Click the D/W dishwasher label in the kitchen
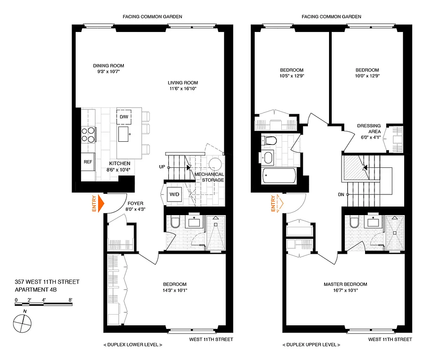[x=123, y=117]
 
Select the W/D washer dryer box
[x=173, y=195]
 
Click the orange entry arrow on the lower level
[x=100, y=203]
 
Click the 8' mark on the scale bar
[x=71, y=299]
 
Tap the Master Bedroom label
[x=345, y=284]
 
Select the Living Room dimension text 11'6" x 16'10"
[x=183, y=89]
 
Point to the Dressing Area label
[x=369, y=129]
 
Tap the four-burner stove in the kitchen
[x=88, y=133]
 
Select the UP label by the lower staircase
[x=161, y=167]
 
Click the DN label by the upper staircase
[x=342, y=194]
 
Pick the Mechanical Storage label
[x=209, y=177]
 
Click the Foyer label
[x=135, y=203]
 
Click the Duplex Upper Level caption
[x=311, y=345]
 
